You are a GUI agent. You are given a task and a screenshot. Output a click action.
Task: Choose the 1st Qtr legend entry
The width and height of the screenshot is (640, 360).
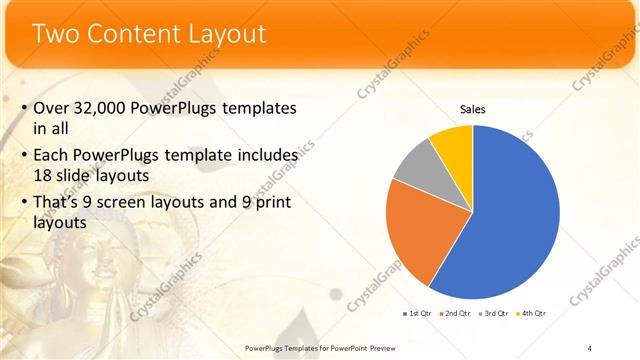pyautogui.click(x=419, y=313)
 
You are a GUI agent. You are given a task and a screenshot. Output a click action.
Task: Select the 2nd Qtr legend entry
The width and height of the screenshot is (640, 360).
pyautogui.click(x=456, y=313)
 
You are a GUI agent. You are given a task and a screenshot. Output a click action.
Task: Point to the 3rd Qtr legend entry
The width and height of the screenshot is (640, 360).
pyautogui.click(x=494, y=313)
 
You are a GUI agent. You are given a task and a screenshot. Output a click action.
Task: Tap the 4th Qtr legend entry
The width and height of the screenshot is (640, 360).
pyautogui.click(x=531, y=313)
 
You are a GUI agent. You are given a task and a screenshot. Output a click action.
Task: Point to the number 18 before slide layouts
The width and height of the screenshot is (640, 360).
pyautogui.click(x=44, y=174)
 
